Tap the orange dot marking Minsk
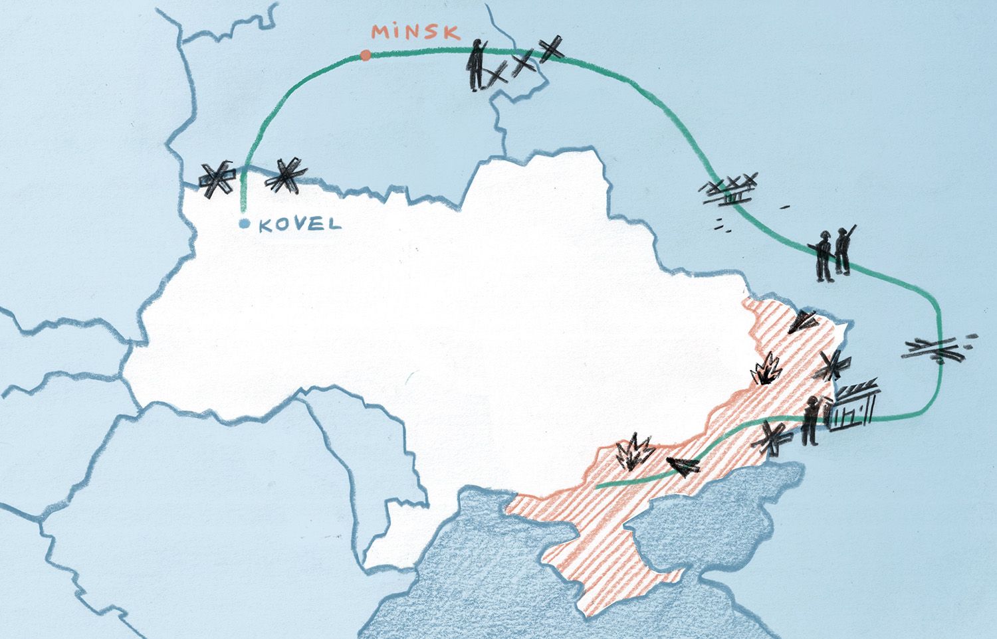coord(365,56)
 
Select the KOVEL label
coord(299,225)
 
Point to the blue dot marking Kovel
coord(245,225)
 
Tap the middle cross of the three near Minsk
coord(524,62)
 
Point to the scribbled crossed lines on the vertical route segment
coord(936,349)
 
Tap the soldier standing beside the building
coord(811,422)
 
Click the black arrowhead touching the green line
coord(683,466)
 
